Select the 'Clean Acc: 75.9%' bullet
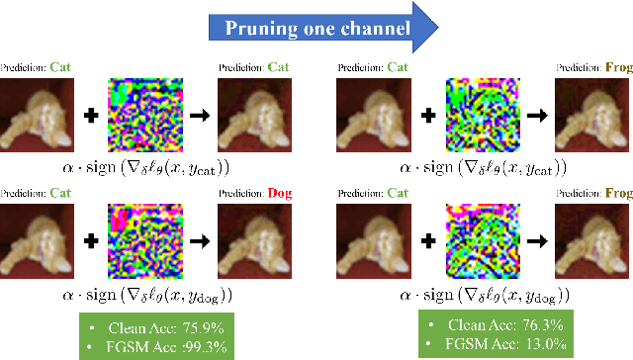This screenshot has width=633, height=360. click(164, 327)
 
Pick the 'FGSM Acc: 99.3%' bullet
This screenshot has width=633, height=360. click(164, 346)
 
